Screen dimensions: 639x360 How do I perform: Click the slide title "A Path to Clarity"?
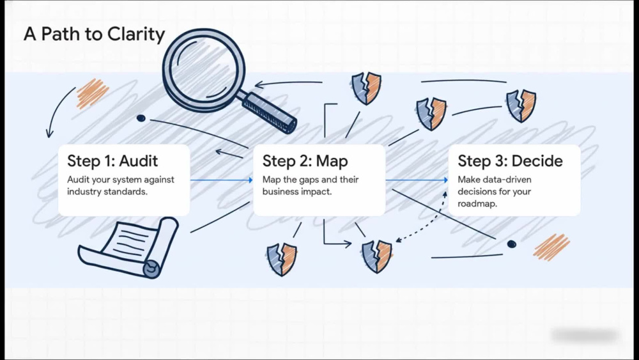[x=94, y=34]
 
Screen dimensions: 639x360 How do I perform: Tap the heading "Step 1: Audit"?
[x=112, y=160]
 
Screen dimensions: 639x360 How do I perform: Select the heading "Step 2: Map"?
[x=305, y=160]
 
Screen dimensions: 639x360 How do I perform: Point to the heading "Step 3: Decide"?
[x=510, y=160]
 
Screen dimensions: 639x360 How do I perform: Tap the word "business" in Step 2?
[x=279, y=191]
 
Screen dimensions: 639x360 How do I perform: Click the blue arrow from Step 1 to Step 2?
[x=221, y=180]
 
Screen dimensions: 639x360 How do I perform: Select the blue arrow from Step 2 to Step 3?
[x=417, y=180]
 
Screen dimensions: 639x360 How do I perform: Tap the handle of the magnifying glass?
[x=269, y=113]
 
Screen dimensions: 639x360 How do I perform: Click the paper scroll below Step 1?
[x=129, y=247]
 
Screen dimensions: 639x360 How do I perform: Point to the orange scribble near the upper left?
[x=92, y=93]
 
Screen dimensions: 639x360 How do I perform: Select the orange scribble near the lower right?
[x=551, y=247]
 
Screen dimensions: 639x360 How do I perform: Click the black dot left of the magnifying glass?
[x=141, y=118]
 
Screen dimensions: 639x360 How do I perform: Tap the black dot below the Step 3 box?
[x=511, y=244]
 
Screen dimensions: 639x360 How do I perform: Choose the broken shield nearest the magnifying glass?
[x=366, y=88]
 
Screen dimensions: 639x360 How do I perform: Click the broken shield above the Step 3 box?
[x=521, y=106]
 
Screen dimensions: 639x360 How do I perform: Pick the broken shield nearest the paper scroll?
[x=282, y=260]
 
